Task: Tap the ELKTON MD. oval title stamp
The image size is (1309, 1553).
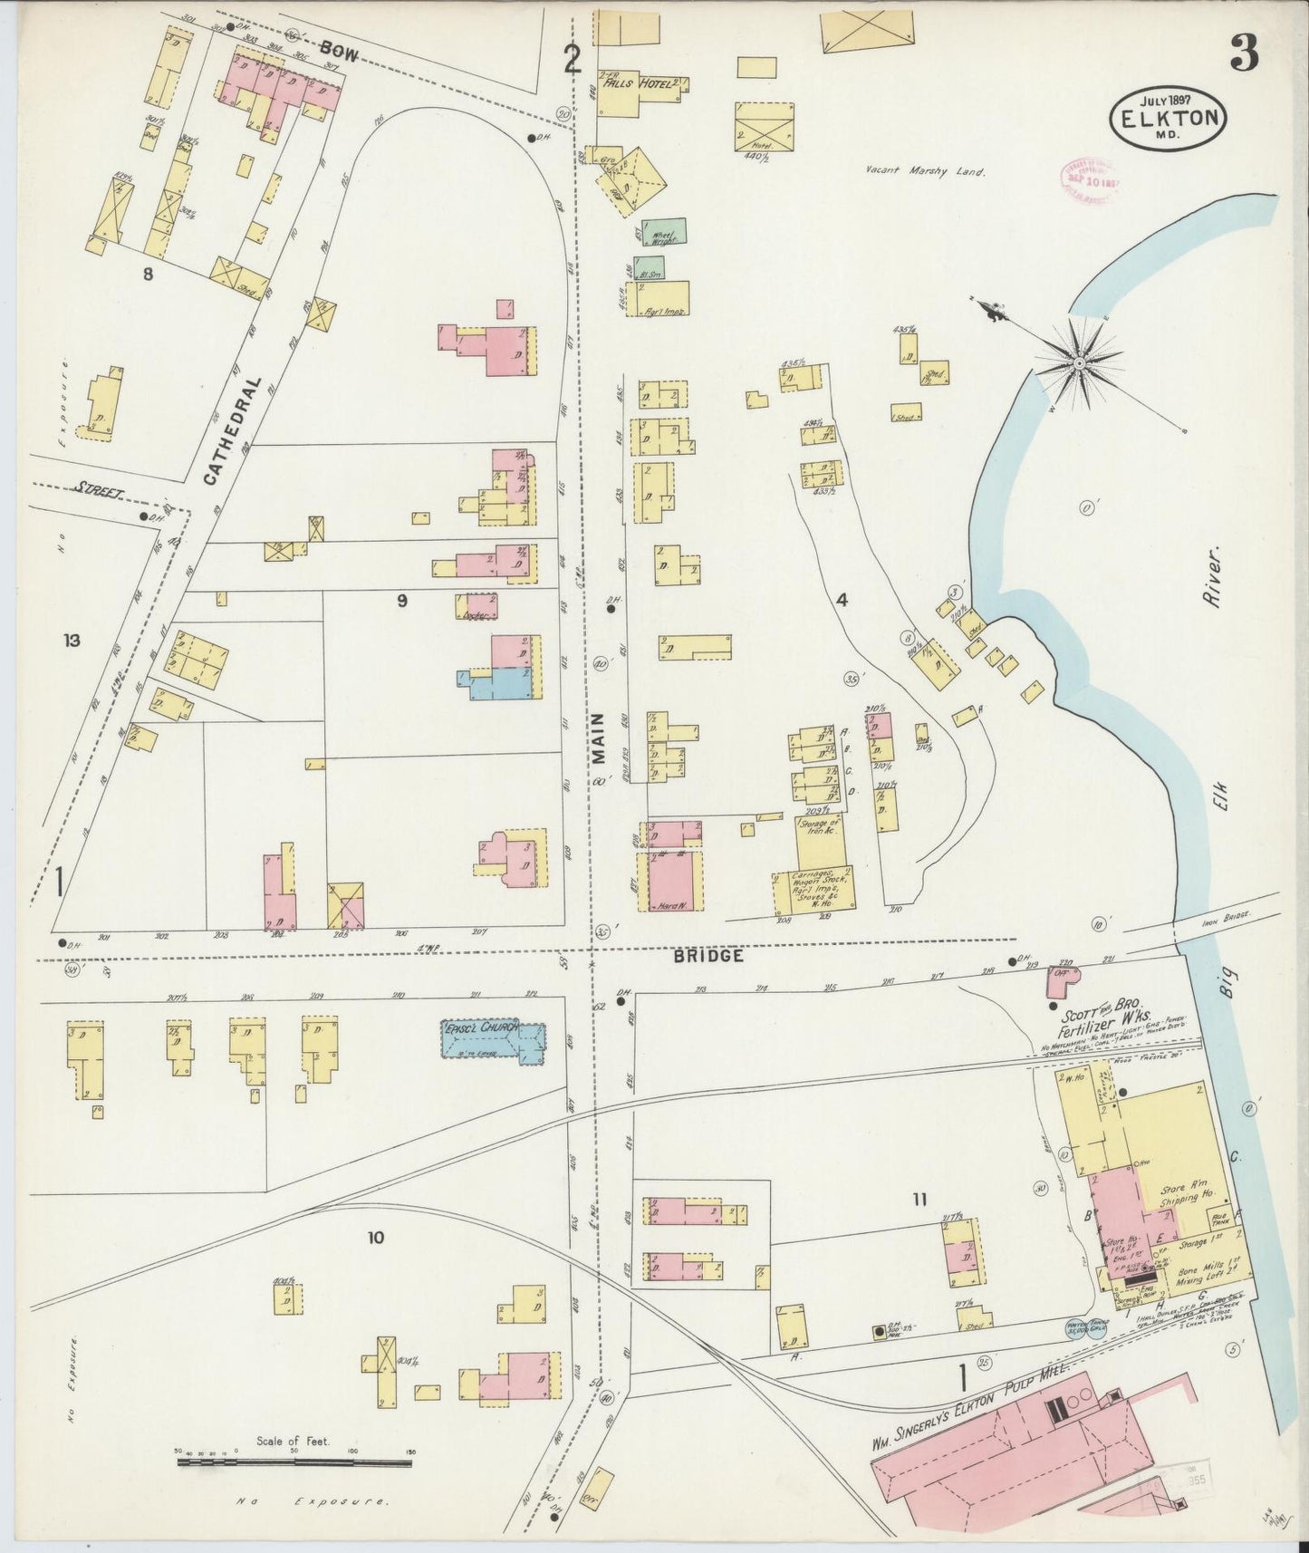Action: pos(1169,115)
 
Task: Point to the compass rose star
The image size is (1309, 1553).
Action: pos(1080,362)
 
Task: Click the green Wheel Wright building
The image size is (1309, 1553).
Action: pos(664,231)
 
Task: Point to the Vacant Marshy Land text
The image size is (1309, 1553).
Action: pos(923,169)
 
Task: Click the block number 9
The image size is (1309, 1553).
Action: pos(401,599)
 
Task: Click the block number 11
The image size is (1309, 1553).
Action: pos(919,1200)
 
